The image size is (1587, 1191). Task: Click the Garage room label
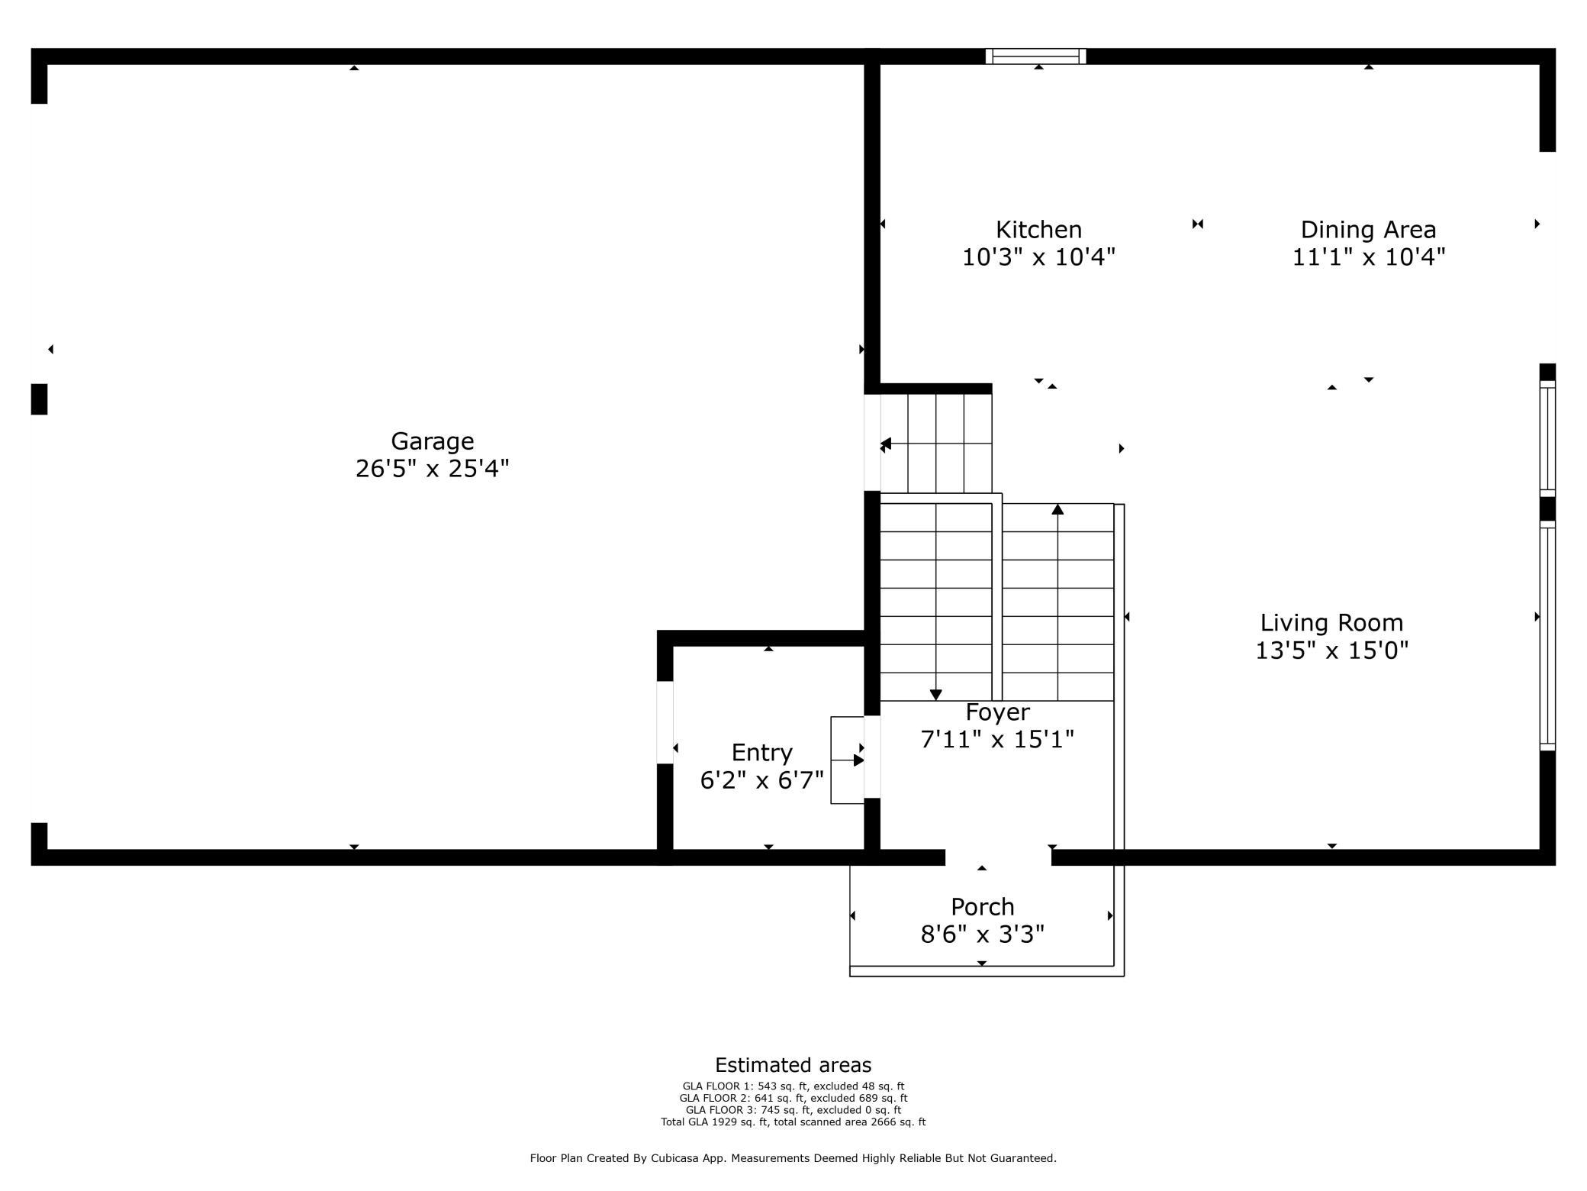432,441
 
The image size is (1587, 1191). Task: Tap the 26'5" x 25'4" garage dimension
432,468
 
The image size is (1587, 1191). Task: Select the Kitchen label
1038,230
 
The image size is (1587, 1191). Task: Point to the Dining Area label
1368,230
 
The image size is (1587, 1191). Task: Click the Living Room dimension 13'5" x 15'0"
1331,650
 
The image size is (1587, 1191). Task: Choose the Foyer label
997,712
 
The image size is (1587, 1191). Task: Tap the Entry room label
761,753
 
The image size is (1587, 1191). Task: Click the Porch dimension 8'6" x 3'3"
982,934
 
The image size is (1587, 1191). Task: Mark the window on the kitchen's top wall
1035,56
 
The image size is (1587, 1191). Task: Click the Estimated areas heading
793,1065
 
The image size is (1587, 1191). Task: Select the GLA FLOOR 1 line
793,1086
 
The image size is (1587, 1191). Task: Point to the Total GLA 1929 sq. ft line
793,1122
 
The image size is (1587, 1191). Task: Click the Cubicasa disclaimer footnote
793,1158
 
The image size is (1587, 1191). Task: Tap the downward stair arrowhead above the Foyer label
936,694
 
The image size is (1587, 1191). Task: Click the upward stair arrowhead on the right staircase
1057,509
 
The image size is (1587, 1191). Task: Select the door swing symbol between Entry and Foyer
847,760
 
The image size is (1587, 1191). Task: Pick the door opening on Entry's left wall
665,722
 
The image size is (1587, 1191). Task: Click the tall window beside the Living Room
1547,635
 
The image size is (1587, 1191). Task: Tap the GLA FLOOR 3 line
793,1110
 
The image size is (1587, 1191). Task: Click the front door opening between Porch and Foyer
998,857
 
